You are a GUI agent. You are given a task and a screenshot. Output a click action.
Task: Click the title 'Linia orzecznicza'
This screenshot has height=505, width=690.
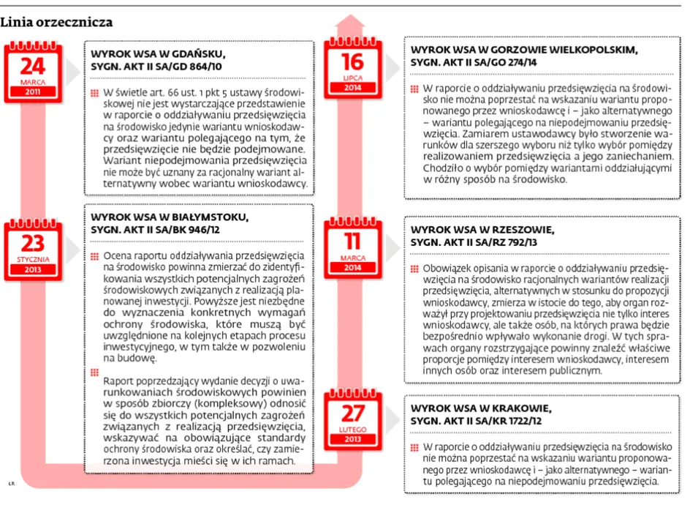point(56,23)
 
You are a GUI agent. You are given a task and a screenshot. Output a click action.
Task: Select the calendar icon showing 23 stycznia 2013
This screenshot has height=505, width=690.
point(32,245)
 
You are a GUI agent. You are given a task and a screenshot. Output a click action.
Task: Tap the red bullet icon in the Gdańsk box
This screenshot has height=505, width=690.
point(95,94)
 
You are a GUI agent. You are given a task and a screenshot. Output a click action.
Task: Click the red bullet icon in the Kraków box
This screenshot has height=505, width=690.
point(415,446)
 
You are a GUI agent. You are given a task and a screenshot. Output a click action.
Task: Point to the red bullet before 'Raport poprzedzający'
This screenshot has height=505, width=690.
point(95,372)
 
